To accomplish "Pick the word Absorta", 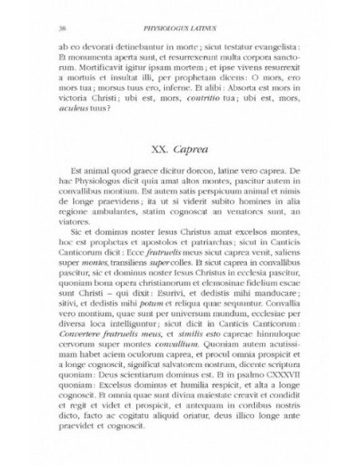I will tap(253, 99).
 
